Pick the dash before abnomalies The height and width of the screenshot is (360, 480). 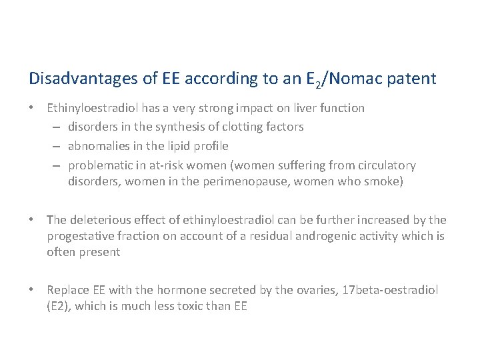pos(57,146)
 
